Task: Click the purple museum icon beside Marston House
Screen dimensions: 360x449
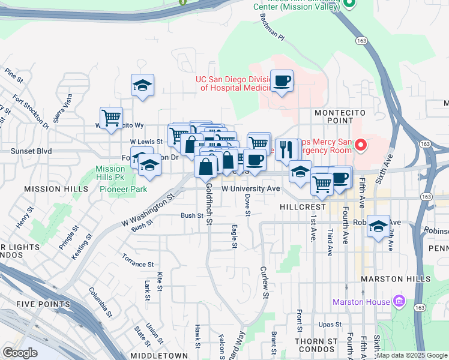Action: click(x=399, y=302)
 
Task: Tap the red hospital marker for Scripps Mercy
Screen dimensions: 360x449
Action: click(x=361, y=145)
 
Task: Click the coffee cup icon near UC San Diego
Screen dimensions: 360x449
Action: click(x=282, y=80)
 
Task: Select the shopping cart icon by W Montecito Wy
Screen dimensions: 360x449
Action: click(x=111, y=118)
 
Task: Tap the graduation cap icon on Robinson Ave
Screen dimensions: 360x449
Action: click(x=378, y=226)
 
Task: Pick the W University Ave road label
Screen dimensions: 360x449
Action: click(x=251, y=188)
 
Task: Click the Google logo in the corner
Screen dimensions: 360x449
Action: click(x=20, y=352)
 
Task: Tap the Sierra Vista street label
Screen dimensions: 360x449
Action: click(x=63, y=108)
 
